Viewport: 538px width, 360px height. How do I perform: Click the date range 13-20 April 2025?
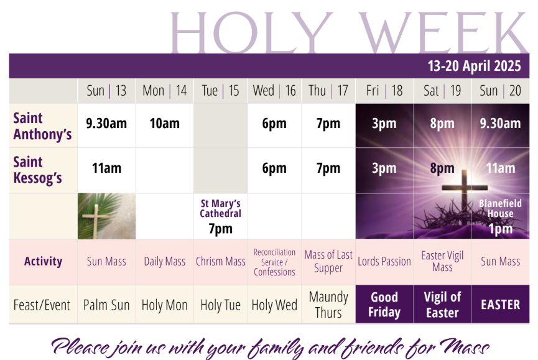474,66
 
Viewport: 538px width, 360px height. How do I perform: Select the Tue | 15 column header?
220,91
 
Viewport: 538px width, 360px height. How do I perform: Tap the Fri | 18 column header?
384,91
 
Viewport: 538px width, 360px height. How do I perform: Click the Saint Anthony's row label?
42,126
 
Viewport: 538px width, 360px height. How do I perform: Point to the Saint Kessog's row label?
38,170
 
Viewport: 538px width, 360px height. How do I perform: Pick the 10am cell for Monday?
164,124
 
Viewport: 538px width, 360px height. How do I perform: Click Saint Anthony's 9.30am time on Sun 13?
106,124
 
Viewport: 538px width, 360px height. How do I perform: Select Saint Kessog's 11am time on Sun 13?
106,168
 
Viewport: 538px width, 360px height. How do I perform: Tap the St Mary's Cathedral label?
221,208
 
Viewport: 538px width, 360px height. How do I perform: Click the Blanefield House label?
500,208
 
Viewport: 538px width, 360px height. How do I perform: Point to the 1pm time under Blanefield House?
500,229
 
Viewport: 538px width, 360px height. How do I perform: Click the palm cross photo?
106,216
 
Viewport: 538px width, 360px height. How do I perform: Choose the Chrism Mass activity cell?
221,262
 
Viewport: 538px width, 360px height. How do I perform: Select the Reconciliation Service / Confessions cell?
274,262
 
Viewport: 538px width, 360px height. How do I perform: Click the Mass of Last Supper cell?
328,261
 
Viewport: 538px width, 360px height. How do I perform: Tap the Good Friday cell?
384,305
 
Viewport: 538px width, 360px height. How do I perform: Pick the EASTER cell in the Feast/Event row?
500,305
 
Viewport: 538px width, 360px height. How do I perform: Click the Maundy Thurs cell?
328,305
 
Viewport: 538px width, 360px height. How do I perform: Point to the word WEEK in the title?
443,32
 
